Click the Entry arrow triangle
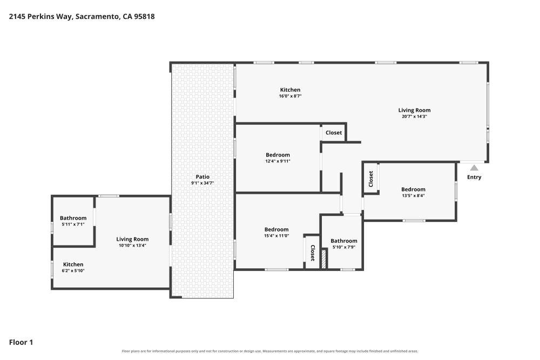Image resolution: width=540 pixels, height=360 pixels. coord(474,168)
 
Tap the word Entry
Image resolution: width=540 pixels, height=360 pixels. coord(474,177)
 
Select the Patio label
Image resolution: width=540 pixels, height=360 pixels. coord(202,176)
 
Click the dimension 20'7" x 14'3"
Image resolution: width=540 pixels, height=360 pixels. coord(414,117)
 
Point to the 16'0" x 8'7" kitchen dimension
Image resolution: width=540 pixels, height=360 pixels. coord(290,96)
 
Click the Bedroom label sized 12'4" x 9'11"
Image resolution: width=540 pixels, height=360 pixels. coord(278,155)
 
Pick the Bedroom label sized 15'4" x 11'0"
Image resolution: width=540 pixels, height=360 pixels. coord(276,229)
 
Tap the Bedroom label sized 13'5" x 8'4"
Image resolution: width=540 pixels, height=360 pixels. coord(413,189)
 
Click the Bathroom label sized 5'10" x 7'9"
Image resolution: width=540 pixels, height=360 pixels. coord(343,241)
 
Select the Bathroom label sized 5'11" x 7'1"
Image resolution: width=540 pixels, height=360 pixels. coord(73,218)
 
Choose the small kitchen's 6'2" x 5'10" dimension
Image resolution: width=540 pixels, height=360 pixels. coord(73,270)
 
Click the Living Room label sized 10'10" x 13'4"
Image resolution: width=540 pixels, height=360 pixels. coord(132,239)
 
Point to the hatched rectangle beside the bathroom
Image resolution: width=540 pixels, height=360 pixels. coord(323,259)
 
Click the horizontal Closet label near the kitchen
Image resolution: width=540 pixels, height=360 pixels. coord(334,133)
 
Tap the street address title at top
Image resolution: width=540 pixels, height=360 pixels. coord(82,17)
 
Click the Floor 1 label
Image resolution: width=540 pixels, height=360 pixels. coord(21,342)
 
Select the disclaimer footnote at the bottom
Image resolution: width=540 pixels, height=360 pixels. coord(270,351)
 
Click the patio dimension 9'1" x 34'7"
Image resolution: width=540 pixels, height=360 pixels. coord(202,183)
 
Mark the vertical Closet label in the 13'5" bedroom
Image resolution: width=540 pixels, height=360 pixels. coord(371,179)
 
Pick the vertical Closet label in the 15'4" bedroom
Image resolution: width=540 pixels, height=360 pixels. coord(313,253)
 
